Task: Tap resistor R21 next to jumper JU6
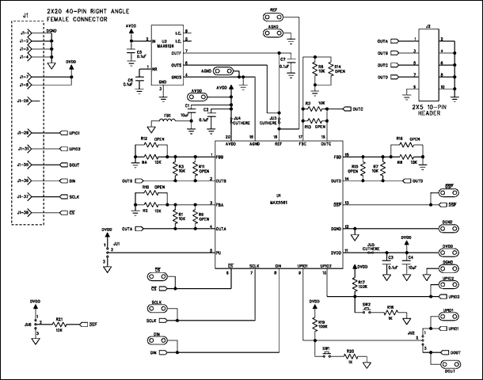coord(59,325)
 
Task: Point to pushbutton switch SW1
coord(325,354)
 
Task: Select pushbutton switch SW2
coord(366,310)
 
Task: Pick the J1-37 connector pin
coord(24,196)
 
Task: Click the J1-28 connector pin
coord(24,101)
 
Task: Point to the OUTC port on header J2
coord(383,65)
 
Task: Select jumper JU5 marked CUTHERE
coord(373,252)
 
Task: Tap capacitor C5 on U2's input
coord(130,53)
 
